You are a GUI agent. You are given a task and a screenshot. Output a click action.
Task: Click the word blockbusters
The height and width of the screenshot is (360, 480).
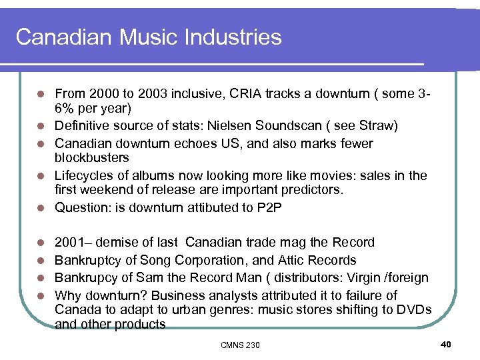click(x=91, y=157)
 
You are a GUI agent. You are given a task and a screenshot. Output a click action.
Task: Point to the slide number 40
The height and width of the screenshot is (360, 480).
click(x=446, y=344)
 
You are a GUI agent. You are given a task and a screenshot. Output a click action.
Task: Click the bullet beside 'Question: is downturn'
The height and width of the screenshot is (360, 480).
click(x=41, y=208)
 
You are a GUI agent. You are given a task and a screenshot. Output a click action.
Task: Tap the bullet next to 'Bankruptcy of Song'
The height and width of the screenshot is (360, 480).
click(x=41, y=261)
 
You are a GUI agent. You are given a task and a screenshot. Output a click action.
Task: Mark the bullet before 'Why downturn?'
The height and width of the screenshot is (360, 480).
click(x=41, y=295)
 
